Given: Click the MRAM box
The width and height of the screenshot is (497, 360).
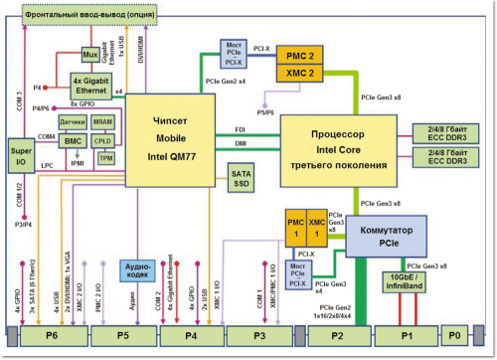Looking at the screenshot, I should [102, 121].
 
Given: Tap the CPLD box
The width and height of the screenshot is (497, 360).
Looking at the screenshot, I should [102, 141].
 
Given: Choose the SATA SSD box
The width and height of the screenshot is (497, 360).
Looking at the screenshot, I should [242, 179].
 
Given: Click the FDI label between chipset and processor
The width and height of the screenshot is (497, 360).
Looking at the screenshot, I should [239, 129].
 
